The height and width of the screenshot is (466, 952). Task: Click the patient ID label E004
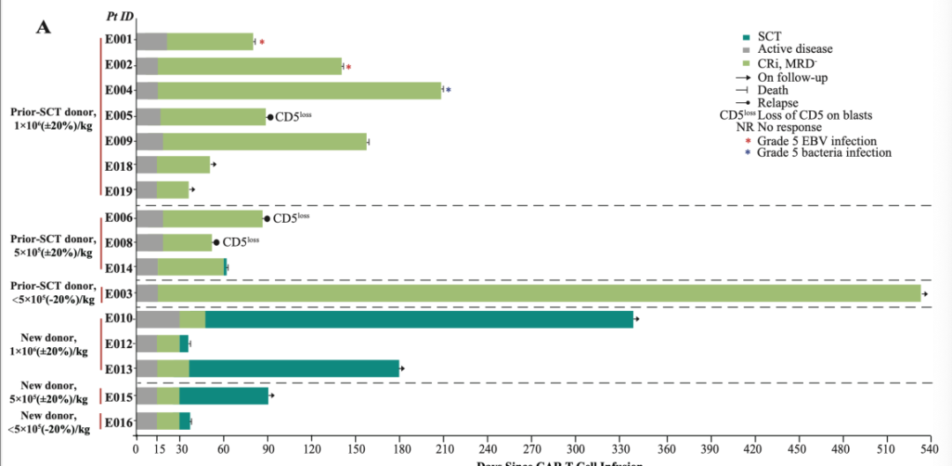118,90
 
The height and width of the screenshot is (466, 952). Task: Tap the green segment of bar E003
539,294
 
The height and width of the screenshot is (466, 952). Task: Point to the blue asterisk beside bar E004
449,91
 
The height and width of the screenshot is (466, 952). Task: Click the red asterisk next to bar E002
349,68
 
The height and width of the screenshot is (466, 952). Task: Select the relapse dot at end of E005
270,117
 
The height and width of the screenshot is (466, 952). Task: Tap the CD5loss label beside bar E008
241,242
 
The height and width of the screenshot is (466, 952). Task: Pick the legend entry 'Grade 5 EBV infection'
817,141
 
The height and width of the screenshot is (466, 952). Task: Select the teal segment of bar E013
294,368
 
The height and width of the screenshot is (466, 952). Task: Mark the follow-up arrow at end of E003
925,294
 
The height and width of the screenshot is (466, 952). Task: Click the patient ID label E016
118,423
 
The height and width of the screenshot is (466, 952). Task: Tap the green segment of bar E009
264,141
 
